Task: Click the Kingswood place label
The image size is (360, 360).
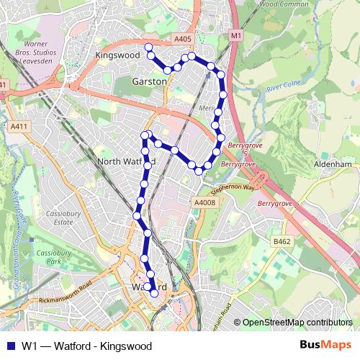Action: coord(118,54)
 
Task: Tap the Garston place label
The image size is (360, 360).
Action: coord(149,82)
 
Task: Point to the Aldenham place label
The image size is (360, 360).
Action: coord(333,164)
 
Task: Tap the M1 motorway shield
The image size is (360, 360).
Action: coord(236,35)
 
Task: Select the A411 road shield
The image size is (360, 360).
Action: coord(19,127)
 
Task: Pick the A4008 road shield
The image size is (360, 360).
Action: coord(204,203)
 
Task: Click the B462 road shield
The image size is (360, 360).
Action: coord(280,240)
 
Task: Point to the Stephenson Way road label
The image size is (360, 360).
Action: coord(233,190)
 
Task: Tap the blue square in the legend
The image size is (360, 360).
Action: coord(10,346)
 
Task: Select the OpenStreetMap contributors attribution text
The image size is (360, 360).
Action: coord(297,323)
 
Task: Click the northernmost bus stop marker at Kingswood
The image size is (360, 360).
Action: coord(149,48)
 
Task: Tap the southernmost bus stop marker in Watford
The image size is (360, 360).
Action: coord(154,293)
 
